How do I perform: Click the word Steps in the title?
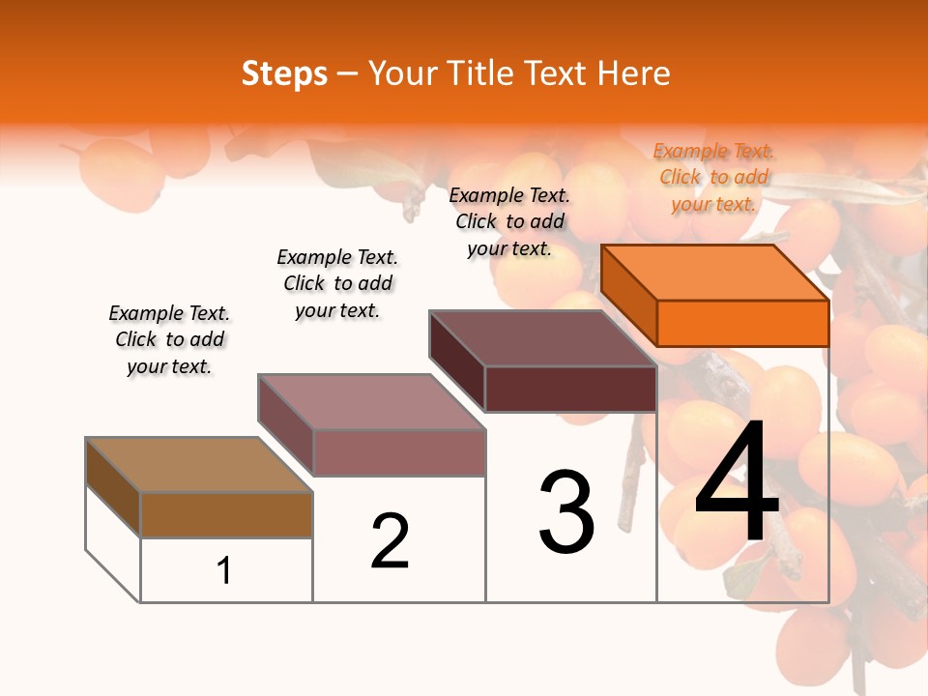pos(284,73)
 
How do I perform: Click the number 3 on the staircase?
pos(566,512)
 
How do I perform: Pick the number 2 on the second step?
pos(391,541)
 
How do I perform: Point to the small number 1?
pos(224,570)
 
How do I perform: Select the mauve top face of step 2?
pos(371,401)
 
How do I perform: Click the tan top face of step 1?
pos(199,464)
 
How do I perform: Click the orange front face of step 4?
pos(742,323)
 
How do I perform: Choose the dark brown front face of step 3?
pos(570,389)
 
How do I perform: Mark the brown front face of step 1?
pos(226,514)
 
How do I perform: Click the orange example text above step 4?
pos(713,177)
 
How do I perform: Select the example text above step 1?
pos(169,339)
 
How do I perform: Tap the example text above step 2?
pos(337,283)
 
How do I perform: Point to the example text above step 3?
pos(509,221)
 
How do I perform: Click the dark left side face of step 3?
pos(457,360)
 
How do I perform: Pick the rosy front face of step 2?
pos(398,452)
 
